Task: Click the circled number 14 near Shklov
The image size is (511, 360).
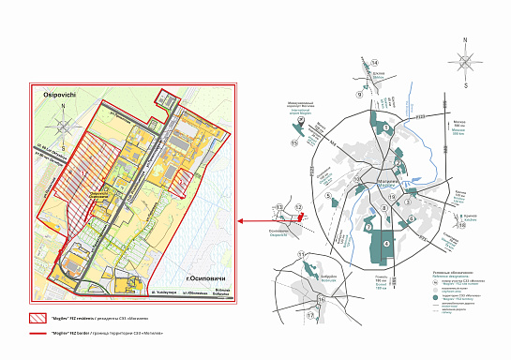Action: click(361, 66)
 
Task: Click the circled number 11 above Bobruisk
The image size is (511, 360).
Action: click(300, 255)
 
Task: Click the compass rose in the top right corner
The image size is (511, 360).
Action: click(464, 61)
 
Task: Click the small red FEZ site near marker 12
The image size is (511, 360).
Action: click(301, 217)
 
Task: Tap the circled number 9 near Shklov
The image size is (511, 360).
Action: click(357, 95)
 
